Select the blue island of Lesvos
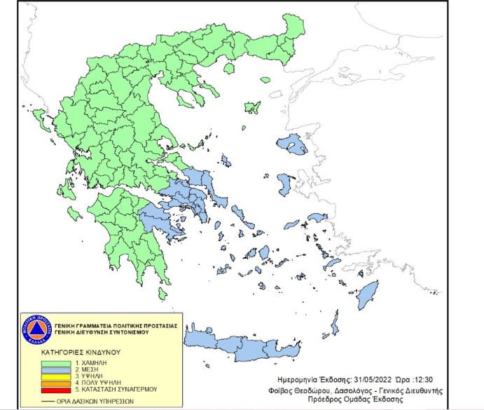point(291,145)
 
